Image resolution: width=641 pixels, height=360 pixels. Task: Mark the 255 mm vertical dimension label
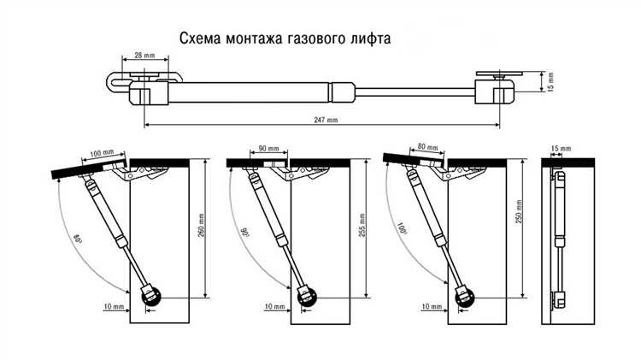[362, 227]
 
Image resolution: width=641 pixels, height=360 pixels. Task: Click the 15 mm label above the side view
[561, 148]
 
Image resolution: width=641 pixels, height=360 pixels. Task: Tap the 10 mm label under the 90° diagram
[274, 306]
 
